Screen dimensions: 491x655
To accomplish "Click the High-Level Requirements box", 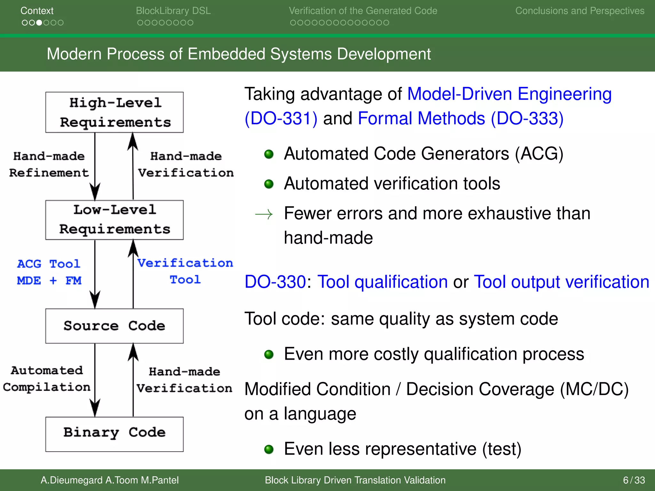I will click(x=114, y=112).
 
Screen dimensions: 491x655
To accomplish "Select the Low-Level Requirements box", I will click(x=114, y=220).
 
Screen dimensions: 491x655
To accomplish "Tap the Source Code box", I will click(x=114, y=326).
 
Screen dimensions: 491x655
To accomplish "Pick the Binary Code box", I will click(x=114, y=434).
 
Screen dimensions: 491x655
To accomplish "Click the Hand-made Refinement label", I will click(x=49, y=164).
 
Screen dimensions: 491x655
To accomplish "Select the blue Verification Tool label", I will click(x=185, y=271).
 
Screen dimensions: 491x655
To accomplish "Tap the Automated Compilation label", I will click(x=47, y=379).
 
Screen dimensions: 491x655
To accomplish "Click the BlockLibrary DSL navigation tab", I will click(x=173, y=11).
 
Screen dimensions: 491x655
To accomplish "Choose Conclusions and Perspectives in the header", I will click(x=580, y=11).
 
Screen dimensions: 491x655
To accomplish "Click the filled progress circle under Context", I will click(x=39, y=23).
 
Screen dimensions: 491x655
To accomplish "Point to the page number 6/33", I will click(x=634, y=480).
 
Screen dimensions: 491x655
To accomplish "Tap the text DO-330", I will click(x=275, y=282).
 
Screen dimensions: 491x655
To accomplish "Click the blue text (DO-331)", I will click(x=281, y=119).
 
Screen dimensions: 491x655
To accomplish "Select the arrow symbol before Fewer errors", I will click(x=264, y=214).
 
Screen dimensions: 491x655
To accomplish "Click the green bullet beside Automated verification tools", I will click(x=269, y=184).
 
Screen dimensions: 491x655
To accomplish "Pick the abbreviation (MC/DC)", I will click(x=594, y=389).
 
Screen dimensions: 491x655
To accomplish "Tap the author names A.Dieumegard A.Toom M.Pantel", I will click(x=109, y=480).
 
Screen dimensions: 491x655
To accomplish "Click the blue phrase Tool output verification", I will click(x=561, y=282).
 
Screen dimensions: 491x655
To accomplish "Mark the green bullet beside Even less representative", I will click(x=269, y=449).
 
